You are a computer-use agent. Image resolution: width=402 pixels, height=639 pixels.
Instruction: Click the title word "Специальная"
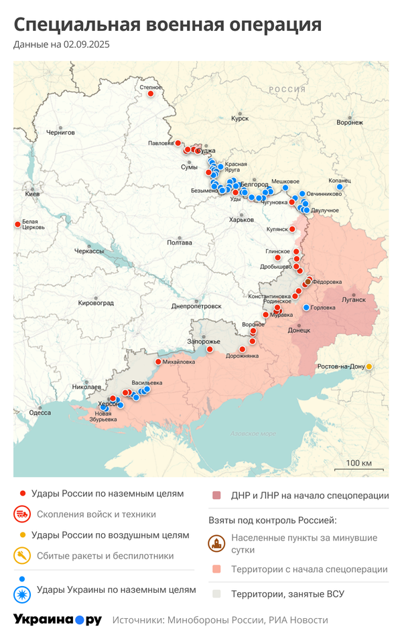(73, 25)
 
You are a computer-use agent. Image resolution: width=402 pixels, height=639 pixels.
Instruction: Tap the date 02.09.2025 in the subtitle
(86, 45)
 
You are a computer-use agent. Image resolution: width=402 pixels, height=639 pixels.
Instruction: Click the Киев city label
(31, 194)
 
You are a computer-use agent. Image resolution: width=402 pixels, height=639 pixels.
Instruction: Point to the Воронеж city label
(350, 123)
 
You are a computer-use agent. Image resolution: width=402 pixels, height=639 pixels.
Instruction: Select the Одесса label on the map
(40, 413)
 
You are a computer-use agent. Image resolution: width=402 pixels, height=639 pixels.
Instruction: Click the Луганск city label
(354, 299)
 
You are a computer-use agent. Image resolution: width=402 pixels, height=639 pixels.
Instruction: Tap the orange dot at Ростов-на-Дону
(368, 366)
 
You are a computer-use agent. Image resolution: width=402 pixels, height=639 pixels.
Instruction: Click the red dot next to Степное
(150, 94)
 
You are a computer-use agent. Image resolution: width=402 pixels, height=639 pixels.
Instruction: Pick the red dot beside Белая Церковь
(17, 224)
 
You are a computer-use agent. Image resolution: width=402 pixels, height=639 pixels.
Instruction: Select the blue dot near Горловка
(306, 307)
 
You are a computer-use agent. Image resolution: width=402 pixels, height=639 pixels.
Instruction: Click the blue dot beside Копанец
(340, 187)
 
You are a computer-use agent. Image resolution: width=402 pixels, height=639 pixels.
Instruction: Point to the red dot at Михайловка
(158, 362)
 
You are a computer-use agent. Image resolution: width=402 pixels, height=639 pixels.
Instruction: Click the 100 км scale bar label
(358, 464)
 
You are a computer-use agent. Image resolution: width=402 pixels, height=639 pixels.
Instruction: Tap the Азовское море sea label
(253, 433)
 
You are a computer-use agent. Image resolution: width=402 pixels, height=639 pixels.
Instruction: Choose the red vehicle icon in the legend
(22, 514)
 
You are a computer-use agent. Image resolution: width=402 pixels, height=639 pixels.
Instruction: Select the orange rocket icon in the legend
(22, 555)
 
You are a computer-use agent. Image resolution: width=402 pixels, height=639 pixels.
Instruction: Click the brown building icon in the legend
(216, 543)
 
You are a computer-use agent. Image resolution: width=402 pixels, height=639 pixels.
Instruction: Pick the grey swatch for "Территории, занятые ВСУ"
(216, 593)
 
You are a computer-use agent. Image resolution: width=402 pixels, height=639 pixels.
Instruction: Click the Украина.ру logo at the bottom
(58, 620)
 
